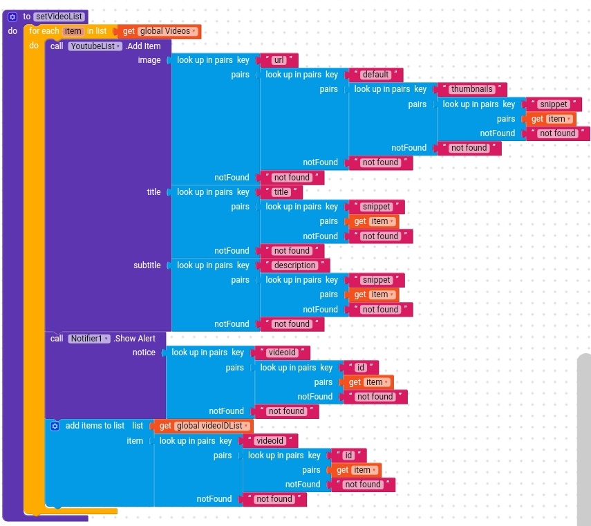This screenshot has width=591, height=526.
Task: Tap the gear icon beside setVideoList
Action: (12, 16)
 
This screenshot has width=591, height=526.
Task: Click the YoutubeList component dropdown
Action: (95, 46)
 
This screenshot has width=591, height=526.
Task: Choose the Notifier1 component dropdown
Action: (89, 339)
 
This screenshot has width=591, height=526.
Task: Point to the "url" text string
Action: (279, 60)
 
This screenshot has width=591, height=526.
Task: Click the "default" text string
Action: (376, 75)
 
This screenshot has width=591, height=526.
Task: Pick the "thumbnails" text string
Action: (472, 89)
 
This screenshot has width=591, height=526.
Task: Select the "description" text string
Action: (295, 265)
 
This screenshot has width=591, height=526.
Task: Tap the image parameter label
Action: (149, 60)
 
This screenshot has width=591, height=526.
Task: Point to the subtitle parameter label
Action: (147, 265)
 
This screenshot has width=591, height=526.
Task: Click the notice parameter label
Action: (144, 353)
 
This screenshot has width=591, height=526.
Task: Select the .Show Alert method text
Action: (135, 339)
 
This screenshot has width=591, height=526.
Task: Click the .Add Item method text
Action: (143, 46)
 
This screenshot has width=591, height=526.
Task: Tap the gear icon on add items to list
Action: (55, 426)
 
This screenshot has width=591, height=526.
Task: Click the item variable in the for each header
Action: (73, 31)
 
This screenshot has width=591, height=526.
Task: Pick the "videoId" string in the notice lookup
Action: (282, 353)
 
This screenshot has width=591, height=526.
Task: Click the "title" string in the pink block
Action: (281, 192)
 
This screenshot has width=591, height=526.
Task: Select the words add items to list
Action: (95, 426)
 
